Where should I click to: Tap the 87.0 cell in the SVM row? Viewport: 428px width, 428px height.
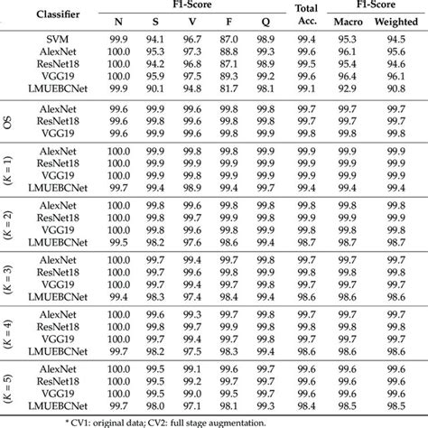[228, 42]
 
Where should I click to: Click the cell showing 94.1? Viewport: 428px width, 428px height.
[156, 42]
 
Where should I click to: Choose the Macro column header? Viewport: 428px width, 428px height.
[346, 21]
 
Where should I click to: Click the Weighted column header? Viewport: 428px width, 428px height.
[395, 21]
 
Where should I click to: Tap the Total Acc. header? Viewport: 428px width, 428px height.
[306, 14]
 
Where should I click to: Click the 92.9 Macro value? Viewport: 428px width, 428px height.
[346, 89]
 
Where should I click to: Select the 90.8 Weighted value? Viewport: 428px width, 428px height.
[395, 89]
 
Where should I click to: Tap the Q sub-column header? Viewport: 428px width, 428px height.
[265, 21]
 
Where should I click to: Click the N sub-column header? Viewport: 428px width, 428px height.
[119, 21]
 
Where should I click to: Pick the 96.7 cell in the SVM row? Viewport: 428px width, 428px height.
[192, 42]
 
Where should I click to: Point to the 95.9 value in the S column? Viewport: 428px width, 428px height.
[156, 78]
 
